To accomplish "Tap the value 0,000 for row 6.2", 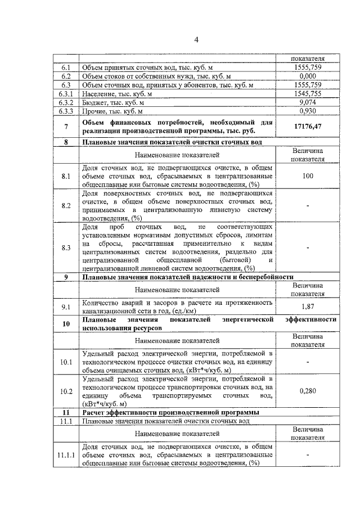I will click(307, 76).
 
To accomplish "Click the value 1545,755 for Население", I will click(307, 94).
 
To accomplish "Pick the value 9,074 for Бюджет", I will click(307, 102).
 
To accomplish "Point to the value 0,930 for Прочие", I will click(307, 111).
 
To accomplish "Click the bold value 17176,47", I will click(307, 127).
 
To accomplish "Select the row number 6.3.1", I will click(65, 94).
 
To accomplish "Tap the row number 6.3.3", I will click(65, 111).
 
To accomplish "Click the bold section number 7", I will click(65, 127).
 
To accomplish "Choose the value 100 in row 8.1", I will click(307, 177).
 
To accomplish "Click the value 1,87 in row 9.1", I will click(307, 307).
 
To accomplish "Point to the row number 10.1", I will click(65, 362).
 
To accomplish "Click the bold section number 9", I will click(65, 277).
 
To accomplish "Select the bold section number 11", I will click(65, 412).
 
